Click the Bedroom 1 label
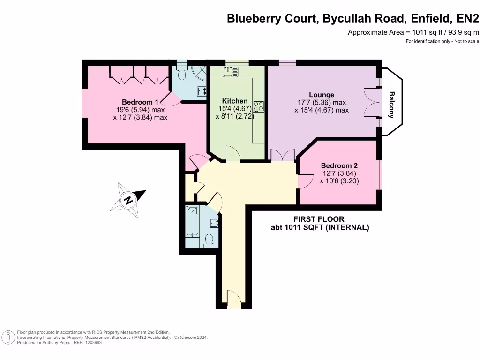coord(140,102)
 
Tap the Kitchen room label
coord(235,101)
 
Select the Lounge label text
coord(322,95)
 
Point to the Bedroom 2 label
coord(339,165)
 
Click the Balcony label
coord(391,105)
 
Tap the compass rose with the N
coord(128,200)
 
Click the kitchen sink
coord(231,72)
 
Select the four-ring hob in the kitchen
coord(259,106)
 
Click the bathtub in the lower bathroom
coord(192,222)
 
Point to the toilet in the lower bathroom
coord(210,240)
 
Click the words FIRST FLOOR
coord(319,219)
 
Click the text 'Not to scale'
coord(466,41)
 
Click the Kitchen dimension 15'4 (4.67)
coord(235,109)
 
